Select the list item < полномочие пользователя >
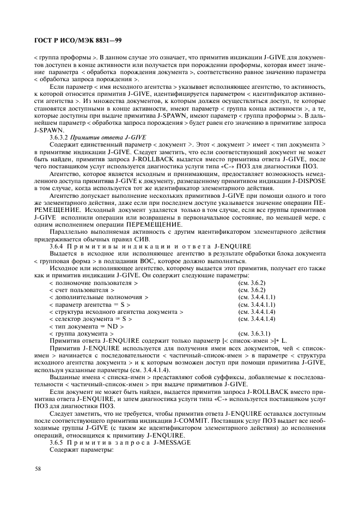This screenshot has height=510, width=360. tap(93, 284)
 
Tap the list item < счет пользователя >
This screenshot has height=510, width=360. tap(81, 291)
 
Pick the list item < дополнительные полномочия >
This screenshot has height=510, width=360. tap(99, 298)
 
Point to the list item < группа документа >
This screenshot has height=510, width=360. tap(81, 333)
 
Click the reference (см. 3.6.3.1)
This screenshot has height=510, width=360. tap(254, 333)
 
